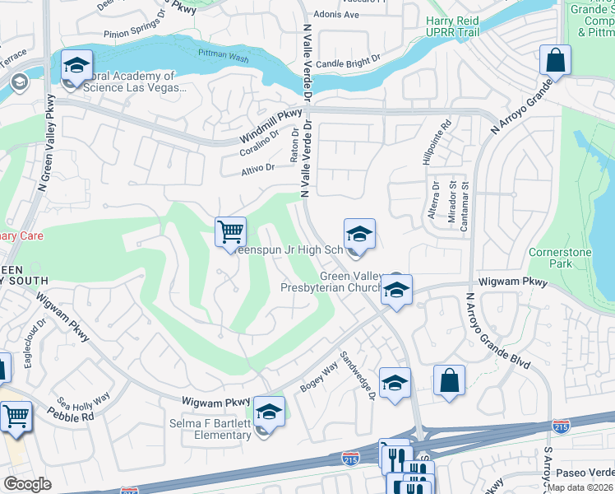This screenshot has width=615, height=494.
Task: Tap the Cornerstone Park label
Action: tap(550, 258)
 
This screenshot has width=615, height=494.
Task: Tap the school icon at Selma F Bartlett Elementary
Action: tap(268, 411)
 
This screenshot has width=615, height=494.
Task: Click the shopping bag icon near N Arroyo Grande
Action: tap(556, 61)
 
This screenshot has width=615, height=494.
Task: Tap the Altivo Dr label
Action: tap(257, 168)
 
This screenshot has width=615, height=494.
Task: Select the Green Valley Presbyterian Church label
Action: tap(331, 282)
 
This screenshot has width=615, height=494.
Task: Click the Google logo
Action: tap(28, 484)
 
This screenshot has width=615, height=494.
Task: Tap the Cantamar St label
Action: tap(464, 204)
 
